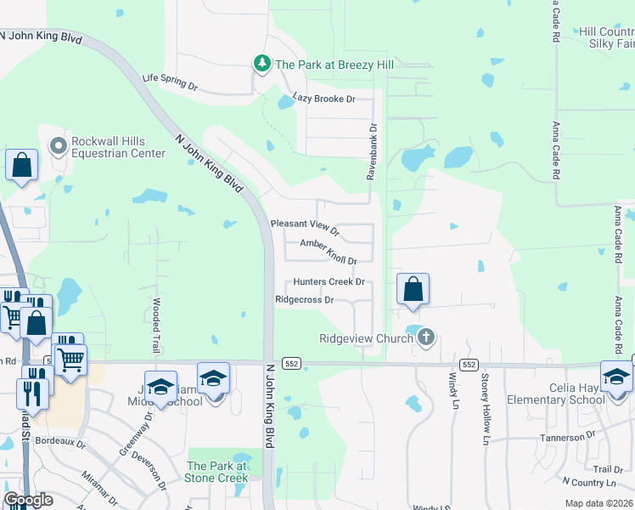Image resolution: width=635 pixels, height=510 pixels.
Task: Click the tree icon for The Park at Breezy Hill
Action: pos(262,64)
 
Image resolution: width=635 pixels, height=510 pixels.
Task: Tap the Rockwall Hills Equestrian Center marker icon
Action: pos(59,146)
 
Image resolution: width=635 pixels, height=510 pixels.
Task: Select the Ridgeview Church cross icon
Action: pos(426,338)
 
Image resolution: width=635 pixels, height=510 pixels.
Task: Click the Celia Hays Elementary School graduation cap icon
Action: pos(615,375)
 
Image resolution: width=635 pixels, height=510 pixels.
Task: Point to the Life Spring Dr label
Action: pos(170,82)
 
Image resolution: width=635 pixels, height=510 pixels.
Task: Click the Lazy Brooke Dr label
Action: pos(323,99)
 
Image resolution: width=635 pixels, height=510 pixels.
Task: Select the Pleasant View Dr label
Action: pos(305,228)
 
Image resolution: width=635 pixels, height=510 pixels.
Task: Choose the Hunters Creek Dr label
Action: pos(329,281)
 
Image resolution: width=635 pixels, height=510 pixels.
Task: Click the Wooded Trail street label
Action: pos(156,320)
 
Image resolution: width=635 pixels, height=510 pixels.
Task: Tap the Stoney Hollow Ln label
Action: pos(486,410)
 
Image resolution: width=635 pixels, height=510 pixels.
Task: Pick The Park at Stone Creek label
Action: pos(216,472)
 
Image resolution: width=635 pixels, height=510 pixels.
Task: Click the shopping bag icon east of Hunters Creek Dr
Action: pos(413,289)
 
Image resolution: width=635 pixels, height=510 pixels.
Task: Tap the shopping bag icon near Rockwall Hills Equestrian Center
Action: pos(21,165)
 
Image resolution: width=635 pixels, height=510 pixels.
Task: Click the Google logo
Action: pos(27,501)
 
